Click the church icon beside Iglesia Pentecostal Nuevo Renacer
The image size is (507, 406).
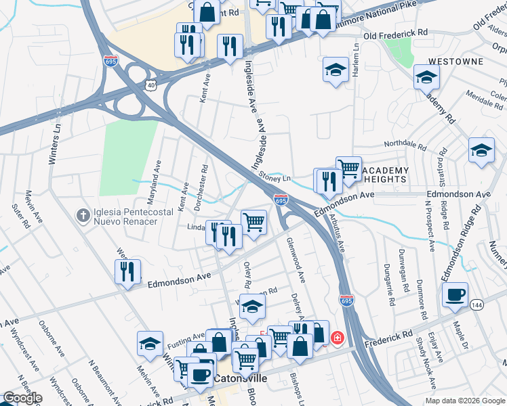[83, 215]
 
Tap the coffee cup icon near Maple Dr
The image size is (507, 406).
[455, 294]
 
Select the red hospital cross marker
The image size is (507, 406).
[336, 338]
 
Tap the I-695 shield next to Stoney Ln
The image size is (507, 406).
[281, 200]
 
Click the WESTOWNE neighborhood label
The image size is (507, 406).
[457, 62]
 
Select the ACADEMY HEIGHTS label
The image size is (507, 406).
[384, 175]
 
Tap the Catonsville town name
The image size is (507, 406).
[243, 379]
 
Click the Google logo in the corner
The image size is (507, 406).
[22, 398]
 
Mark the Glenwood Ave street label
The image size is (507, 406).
[296, 259]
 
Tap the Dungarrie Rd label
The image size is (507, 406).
[389, 282]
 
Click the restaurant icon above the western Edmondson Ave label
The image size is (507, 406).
[127, 271]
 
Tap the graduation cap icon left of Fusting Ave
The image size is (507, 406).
[150, 343]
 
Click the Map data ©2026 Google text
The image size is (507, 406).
[464, 401]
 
